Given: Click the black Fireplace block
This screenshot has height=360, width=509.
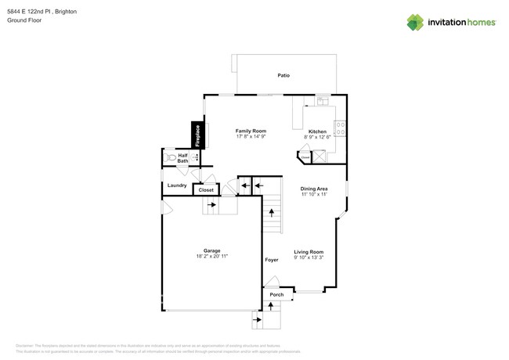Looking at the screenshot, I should click(198, 135).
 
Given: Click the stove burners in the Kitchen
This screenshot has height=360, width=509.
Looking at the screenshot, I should click(340, 126).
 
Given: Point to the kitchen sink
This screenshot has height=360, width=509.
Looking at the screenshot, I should click(323, 101).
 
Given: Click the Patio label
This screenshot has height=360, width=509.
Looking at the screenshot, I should click(283, 75).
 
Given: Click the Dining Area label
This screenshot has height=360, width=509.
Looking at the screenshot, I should click(314, 189).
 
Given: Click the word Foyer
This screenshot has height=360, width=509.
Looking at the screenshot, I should click(271, 259).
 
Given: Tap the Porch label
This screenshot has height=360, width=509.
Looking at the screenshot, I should click(276, 295).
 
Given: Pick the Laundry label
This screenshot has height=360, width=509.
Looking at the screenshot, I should click(177, 185).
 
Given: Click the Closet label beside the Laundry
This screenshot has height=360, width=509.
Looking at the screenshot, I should click(206, 190).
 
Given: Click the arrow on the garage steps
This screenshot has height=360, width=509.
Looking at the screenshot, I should click(211, 205).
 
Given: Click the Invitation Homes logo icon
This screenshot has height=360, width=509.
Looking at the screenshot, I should click(415, 22).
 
